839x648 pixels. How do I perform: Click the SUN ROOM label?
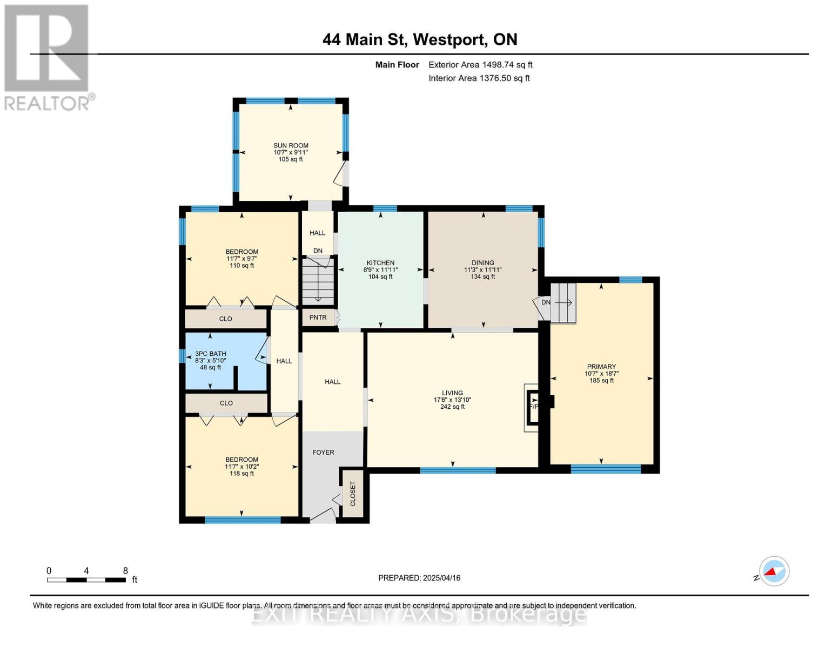(291, 145)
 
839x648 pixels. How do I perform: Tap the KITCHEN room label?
(380, 263)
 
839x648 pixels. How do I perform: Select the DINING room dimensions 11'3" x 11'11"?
(482, 270)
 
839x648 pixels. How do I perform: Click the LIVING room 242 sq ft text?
(452, 407)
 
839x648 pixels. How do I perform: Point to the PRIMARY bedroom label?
(601, 367)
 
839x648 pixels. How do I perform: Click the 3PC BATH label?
(210, 354)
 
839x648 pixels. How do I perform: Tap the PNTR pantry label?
(318, 318)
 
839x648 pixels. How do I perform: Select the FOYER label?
(323, 453)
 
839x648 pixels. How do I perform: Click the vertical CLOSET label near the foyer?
(353, 494)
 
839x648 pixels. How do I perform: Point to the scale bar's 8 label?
(125, 571)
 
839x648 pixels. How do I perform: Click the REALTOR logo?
(47, 57)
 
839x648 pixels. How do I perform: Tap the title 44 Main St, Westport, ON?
(420, 39)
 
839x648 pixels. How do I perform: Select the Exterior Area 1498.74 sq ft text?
(480, 65)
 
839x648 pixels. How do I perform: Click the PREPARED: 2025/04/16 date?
(419, 578)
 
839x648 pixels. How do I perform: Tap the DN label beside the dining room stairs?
(546, 302)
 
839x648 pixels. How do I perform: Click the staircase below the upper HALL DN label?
(318, 282)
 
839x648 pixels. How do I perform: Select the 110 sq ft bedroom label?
(241, 266)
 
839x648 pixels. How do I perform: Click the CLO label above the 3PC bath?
(226, 319)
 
